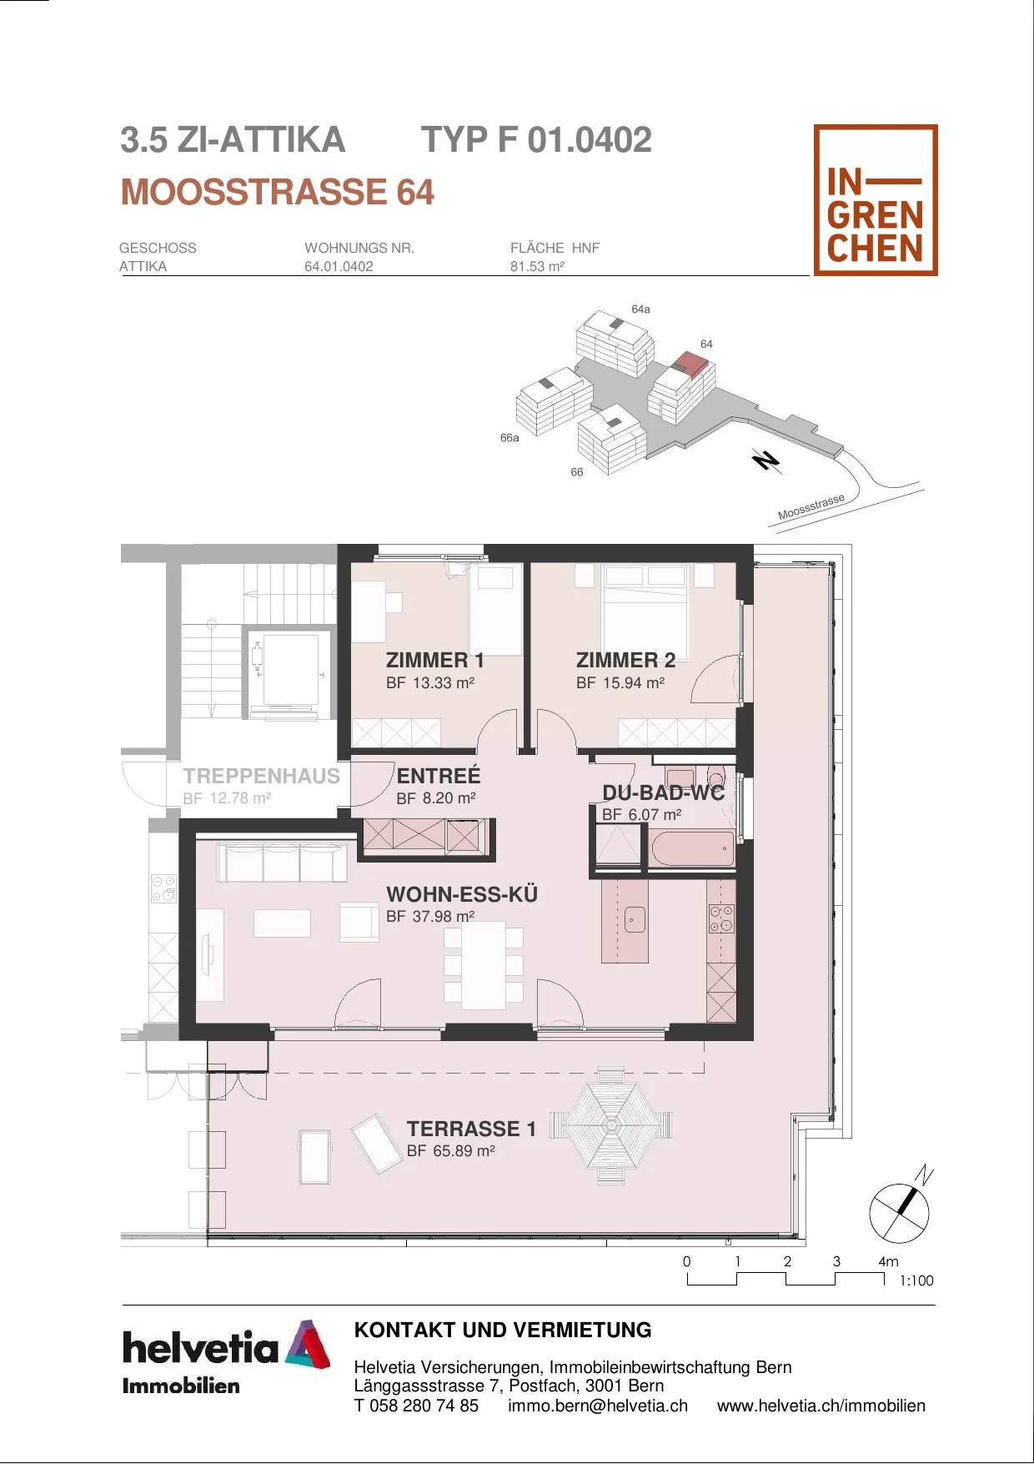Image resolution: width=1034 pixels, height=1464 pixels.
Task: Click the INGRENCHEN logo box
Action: coord(876,200)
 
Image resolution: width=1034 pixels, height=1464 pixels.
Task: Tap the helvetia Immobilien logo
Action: coord(226,1357)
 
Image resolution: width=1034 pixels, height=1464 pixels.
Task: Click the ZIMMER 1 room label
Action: coord(435,660)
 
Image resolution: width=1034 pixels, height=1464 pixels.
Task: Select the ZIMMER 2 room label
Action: coord(625,660)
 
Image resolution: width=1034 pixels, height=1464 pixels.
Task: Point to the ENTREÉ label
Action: coord(439,775)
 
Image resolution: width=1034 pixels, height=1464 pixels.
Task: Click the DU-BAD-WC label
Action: coord(664,792)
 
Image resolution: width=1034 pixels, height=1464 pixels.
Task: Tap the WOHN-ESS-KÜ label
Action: coord(462,893)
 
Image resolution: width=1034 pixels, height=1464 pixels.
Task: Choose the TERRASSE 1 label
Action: coord(471,1129)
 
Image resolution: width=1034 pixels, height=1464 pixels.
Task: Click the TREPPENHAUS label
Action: coord(262,776)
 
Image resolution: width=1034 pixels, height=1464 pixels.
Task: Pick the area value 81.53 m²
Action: coord(537,267)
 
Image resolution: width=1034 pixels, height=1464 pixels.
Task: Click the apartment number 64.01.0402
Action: coord(339,267)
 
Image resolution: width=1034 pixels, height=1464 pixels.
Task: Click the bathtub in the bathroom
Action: coord(692,848)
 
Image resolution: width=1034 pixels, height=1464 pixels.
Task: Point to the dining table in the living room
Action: coord(484,965)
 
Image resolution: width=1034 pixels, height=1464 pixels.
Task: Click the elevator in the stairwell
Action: coord(284,672)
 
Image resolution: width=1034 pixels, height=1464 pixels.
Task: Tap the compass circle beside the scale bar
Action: coord(899,1213)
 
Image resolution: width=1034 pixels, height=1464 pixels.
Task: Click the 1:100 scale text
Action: coord(916,1280)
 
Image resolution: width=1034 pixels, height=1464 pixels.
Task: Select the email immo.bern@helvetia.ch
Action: coord(598,1406)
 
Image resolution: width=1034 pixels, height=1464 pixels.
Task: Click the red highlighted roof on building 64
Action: coord(691,364)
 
